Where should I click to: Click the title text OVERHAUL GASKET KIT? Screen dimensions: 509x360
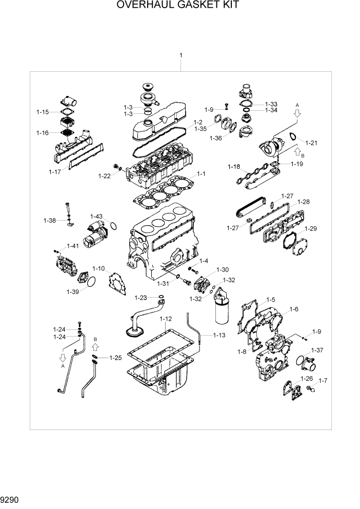178,6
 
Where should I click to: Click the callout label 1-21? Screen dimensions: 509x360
311,142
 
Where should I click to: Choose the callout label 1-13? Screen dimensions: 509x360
219,335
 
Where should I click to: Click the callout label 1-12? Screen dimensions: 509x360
165,319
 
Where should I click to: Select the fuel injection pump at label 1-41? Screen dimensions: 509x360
66,264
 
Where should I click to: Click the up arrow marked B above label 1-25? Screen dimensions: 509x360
96,346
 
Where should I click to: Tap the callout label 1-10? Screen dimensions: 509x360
98,268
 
